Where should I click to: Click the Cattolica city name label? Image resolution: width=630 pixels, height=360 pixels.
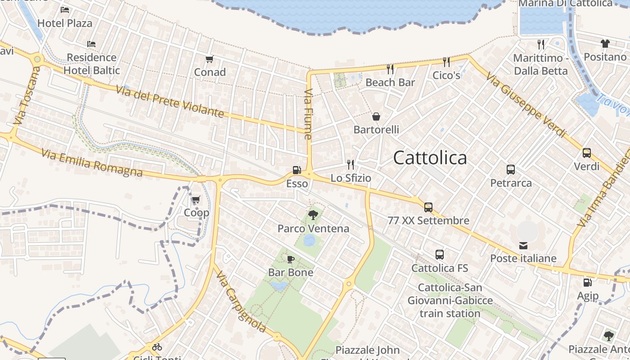pyautogui.click(x=430, y=158)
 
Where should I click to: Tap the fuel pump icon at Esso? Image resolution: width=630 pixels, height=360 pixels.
pyautogui.click(x=297, y=170)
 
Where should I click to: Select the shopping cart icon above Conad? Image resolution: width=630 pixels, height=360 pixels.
pyautogui.click(x=209, y=59)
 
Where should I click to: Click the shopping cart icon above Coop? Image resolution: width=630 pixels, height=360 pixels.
pyautogui.click(x=196, y=199)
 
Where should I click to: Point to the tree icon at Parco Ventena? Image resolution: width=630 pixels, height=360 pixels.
pyautogui.click(x=313, y=215)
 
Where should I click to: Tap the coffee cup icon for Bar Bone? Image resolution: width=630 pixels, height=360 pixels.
pyautogui.click(x=290, y=259)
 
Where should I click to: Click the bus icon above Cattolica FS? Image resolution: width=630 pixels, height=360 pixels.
pyautogui.click(x=440, y=255)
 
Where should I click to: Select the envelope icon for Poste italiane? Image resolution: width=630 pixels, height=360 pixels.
pyautogui.click(x=523, y=245)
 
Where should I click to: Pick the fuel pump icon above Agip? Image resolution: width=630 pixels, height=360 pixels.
pyautogui.click(x=587, y=283)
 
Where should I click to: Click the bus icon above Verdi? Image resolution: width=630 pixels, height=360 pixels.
pyautogui.click(x=587, y=153)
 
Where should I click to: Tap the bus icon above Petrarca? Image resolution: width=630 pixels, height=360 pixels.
pyautogui.click(x=511, y=170)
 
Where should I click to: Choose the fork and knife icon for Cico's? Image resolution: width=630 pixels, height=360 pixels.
pyautogui.click(x=446, y=62)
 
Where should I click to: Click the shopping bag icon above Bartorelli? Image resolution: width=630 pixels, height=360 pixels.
pyautogui.click(x=376, y=117)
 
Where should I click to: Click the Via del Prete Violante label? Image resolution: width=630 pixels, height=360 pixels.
pyautogui.click(x=170, y=101)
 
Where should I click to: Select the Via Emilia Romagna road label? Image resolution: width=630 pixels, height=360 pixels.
pyautogui.click(x=92, y=163)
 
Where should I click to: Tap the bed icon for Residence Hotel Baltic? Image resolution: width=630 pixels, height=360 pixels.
pyautogui.click(x=91, y=44)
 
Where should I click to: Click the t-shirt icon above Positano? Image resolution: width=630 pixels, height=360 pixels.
pyautogui.click(x=605, y=44)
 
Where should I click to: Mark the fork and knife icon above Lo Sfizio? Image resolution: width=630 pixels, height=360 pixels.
pyautogui.click(x=351, y=164)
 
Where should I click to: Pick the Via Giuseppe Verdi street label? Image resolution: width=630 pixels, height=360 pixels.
pyautogui.click(x=526, y=106)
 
